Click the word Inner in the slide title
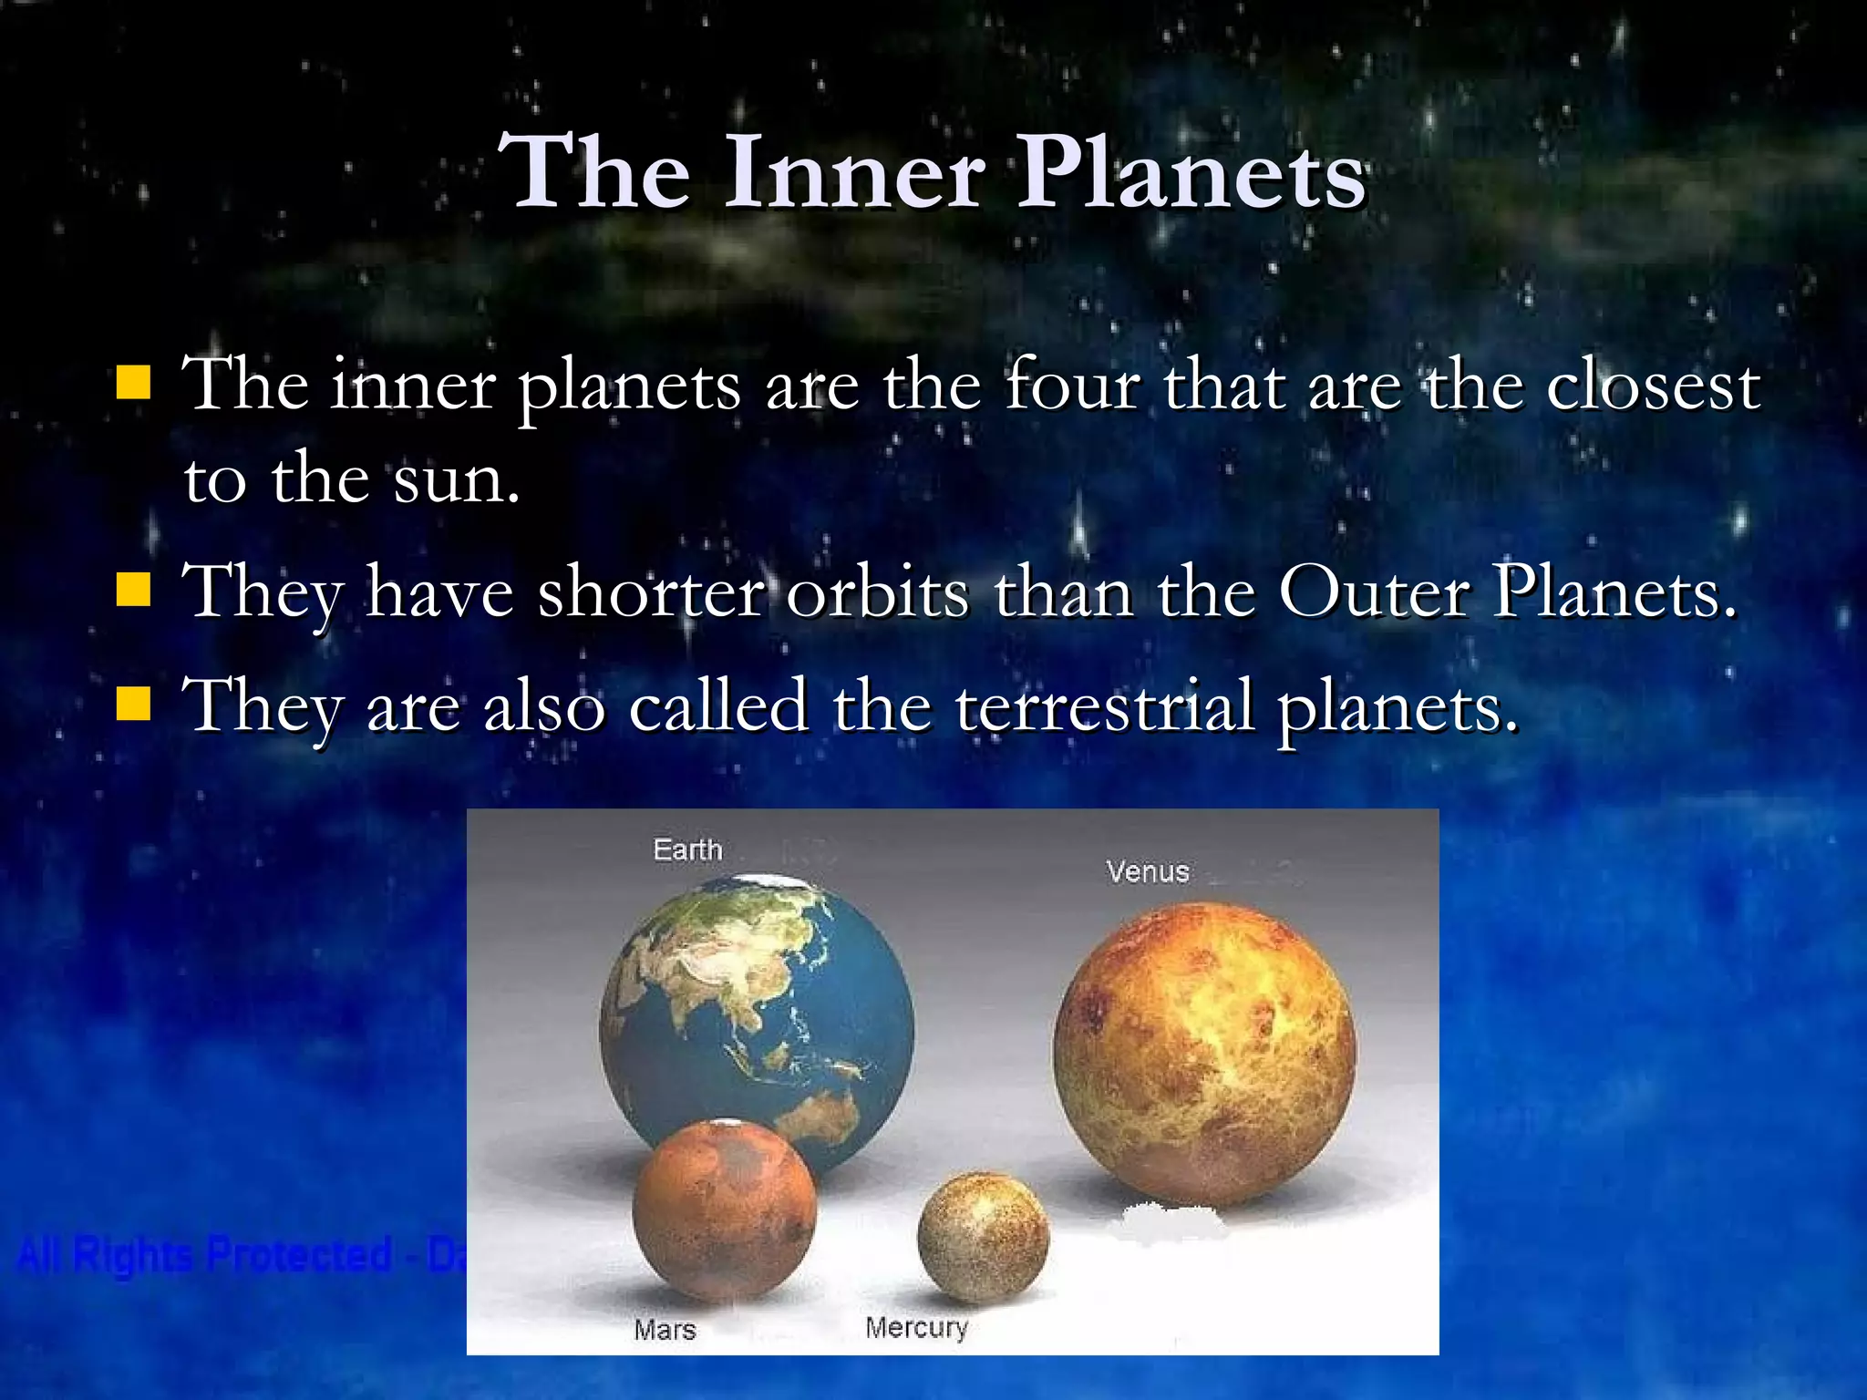click(x=855, y=172)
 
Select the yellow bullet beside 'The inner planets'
click(x=133, y=383)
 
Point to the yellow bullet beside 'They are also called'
click(x=133, y=703)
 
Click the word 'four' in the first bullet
click(x=1072, y=385)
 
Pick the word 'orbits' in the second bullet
click(x=877, y=592)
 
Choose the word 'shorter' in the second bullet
click(x=651, y=592)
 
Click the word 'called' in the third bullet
click(x=718, y=705)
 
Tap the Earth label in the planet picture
click(x=687, y=849)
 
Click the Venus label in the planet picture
click(x=1148, y=871)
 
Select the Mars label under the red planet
click(x=665, y=1330)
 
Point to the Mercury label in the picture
click(x=916, y=1327)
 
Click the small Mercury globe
click(x=983, y=1237)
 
